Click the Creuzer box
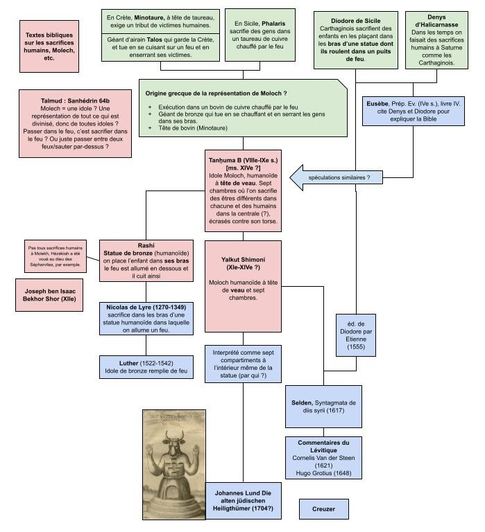point(323,509)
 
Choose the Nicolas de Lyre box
point(146,318)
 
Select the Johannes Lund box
point(244,500)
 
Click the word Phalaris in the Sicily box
point(269,24)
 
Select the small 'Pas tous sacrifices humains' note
point(55,255)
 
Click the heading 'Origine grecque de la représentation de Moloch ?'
point(216,93)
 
